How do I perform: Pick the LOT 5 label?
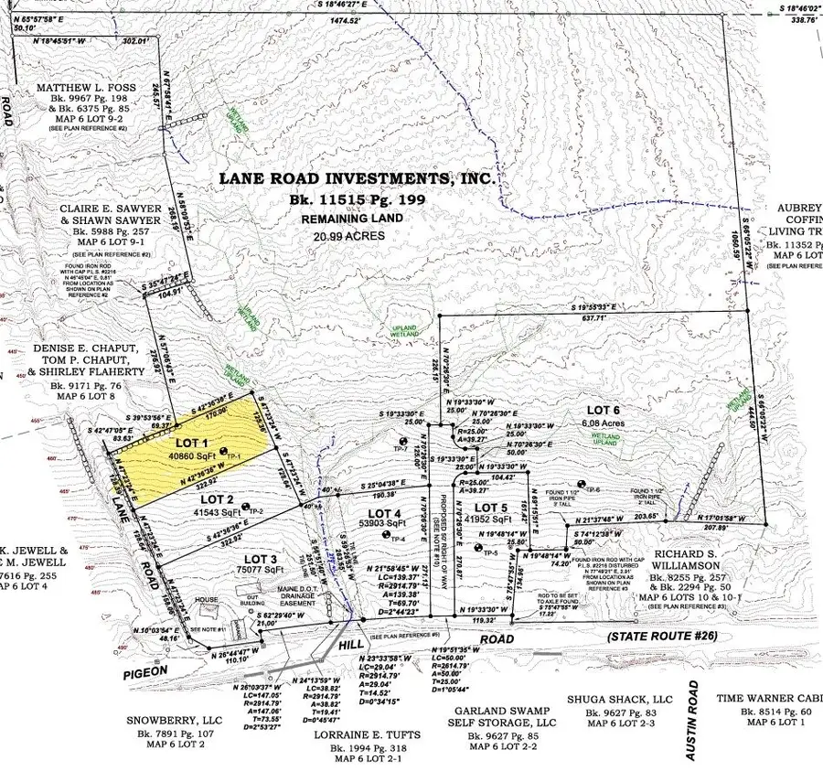(491, 507)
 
